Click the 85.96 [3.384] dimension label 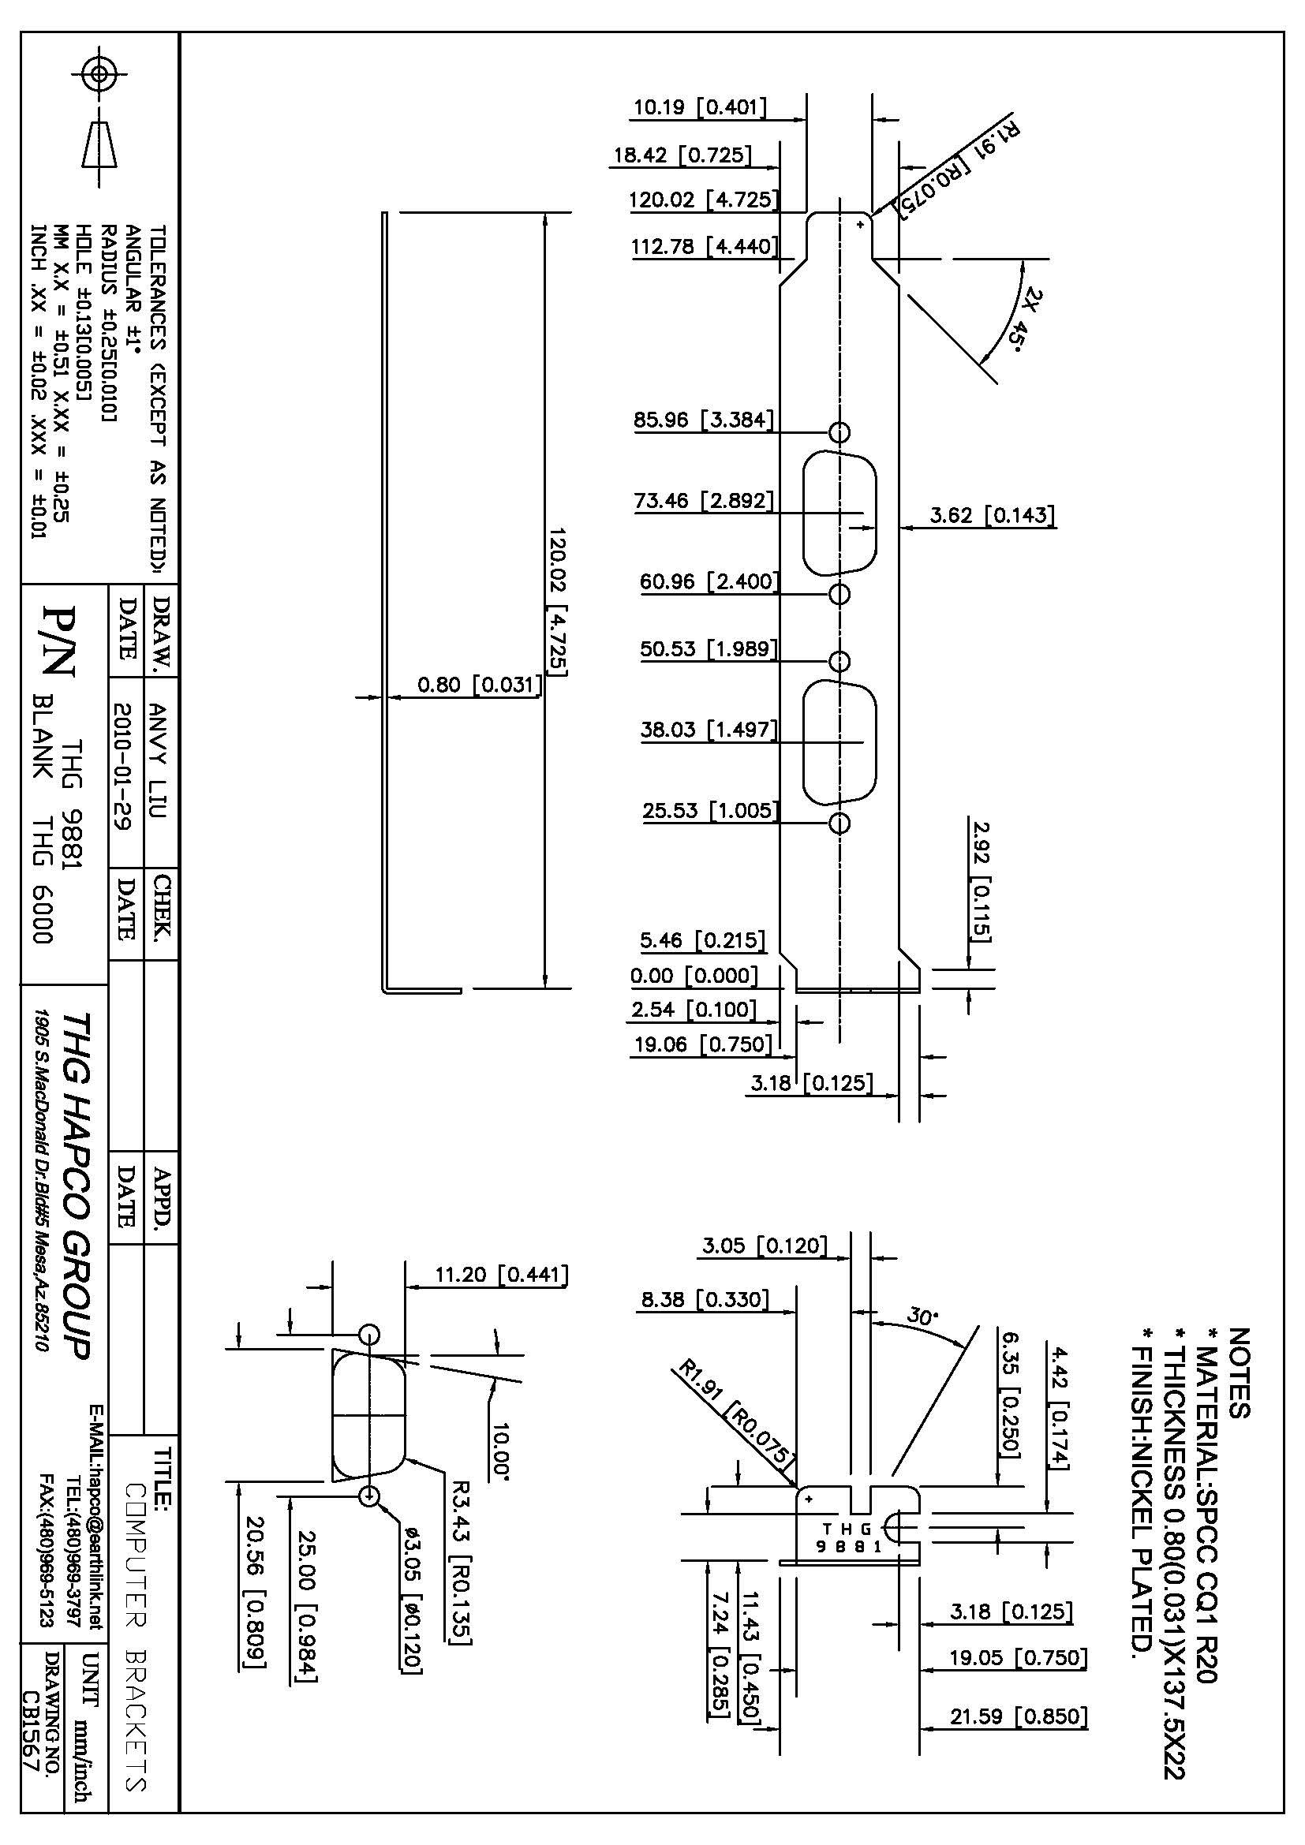coord(704,420)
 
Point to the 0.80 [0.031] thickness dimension coord(479,685)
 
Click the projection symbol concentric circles coord(99,75)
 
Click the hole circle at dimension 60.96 coord(839,594)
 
